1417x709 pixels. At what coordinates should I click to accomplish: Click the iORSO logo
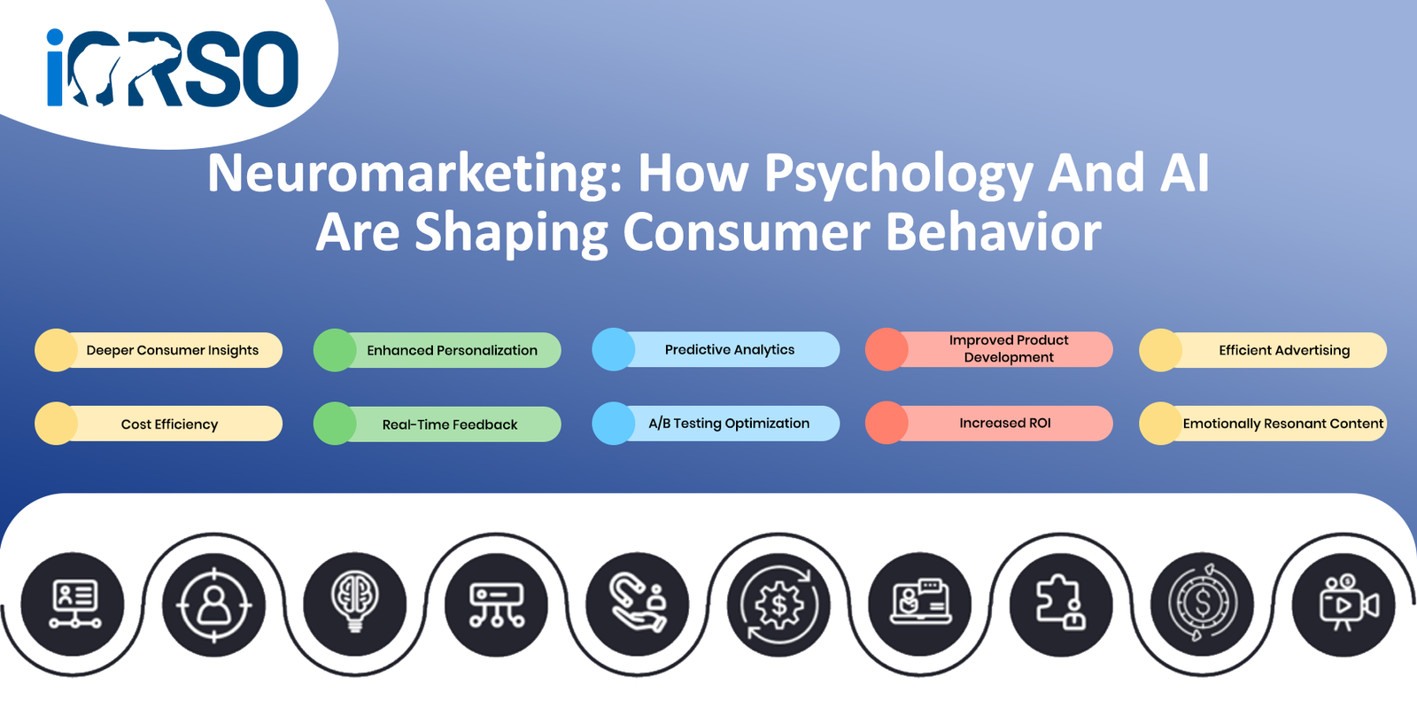pos(172,67)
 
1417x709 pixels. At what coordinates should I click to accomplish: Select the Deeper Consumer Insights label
pos(172,350)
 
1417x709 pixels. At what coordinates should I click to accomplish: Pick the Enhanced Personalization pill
pos(437,350)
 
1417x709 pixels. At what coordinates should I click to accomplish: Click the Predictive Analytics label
pos(730,349)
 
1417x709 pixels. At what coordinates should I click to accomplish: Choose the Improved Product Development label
pos(1009,349)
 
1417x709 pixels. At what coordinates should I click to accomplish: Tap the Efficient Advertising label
pos(1284,350)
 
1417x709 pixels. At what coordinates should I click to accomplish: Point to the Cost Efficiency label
pos(169,425)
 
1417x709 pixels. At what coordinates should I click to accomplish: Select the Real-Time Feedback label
pos(450,425)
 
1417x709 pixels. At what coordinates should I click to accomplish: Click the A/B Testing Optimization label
pos(729,423)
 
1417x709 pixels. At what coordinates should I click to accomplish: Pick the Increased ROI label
pos(1004,423)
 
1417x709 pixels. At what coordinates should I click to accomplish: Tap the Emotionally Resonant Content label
pos(1283,424)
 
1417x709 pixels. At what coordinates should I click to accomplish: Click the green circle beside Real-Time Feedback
pos(335,424)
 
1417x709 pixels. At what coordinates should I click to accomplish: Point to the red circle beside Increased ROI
pos(887,422)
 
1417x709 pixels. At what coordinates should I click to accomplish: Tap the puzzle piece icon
pos(1061,604)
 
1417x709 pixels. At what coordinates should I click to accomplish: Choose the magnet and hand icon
pos(638,604)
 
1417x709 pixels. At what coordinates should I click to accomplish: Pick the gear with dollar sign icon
pos(779,604)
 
